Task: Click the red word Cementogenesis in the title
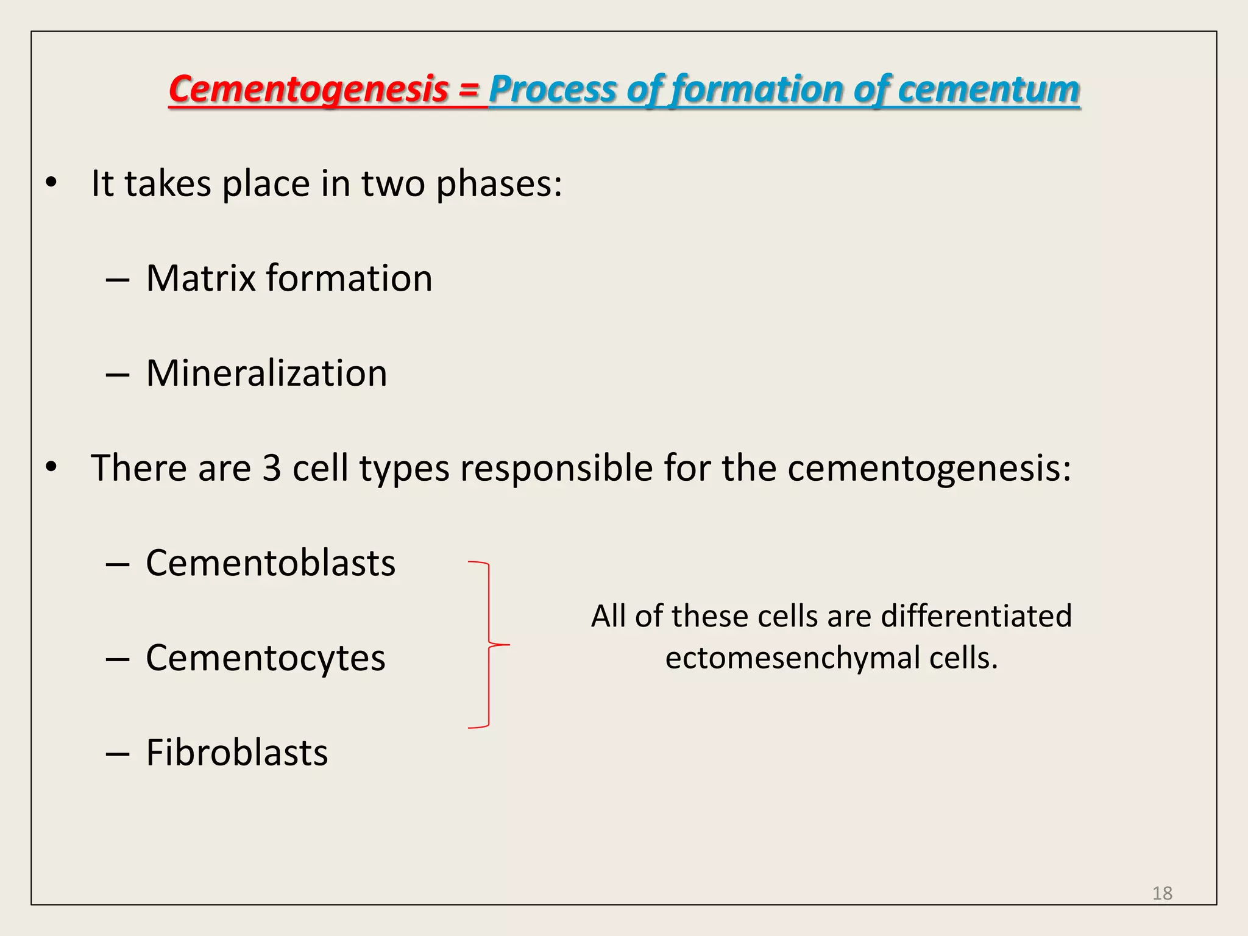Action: point(308,90)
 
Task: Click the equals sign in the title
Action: point(469,90)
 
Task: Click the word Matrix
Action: point(201,278)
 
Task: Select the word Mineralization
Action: point(266,373)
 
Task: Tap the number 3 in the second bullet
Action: point(272,468)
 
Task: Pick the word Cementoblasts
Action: point(271,562)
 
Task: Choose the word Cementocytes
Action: point(266,658)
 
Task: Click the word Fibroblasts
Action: point(237,753)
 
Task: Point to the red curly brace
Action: point(489,644)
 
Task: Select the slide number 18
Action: point(1162,893)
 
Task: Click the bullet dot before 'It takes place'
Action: point(51,182)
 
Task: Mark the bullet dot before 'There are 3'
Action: point(51,467)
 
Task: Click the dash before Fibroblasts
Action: point(117,754)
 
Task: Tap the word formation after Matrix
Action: point(349,278)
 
